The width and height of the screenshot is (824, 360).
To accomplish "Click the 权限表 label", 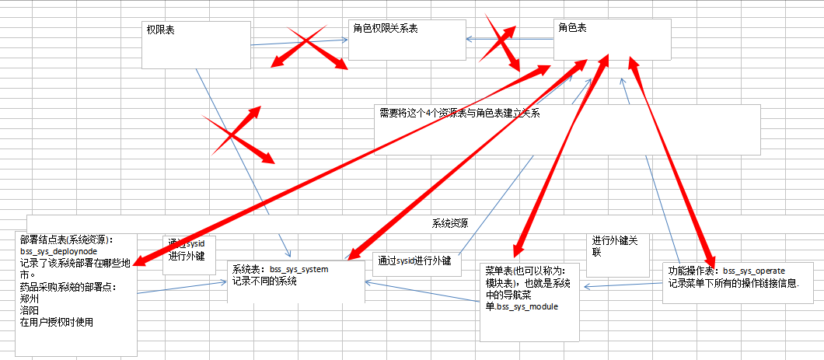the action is click(161, 30).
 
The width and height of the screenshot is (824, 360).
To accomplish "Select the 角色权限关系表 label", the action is click(386, 29).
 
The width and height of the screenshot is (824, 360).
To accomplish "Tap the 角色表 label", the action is click(573, 27).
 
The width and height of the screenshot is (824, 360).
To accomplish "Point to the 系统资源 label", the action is click(450, 223).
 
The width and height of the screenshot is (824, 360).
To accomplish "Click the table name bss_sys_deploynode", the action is click(59, 253).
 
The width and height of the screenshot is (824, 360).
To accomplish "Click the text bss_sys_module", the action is click(528, 306).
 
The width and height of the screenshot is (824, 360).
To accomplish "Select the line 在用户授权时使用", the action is click(57, 321).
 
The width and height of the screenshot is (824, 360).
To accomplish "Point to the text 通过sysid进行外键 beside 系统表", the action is click(414, 260).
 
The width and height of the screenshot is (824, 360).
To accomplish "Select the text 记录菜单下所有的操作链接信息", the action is click(734, 282).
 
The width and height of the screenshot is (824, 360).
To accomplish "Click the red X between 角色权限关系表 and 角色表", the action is click(497, 44).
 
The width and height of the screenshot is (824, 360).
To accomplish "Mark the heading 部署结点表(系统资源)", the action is click(68, 239).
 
